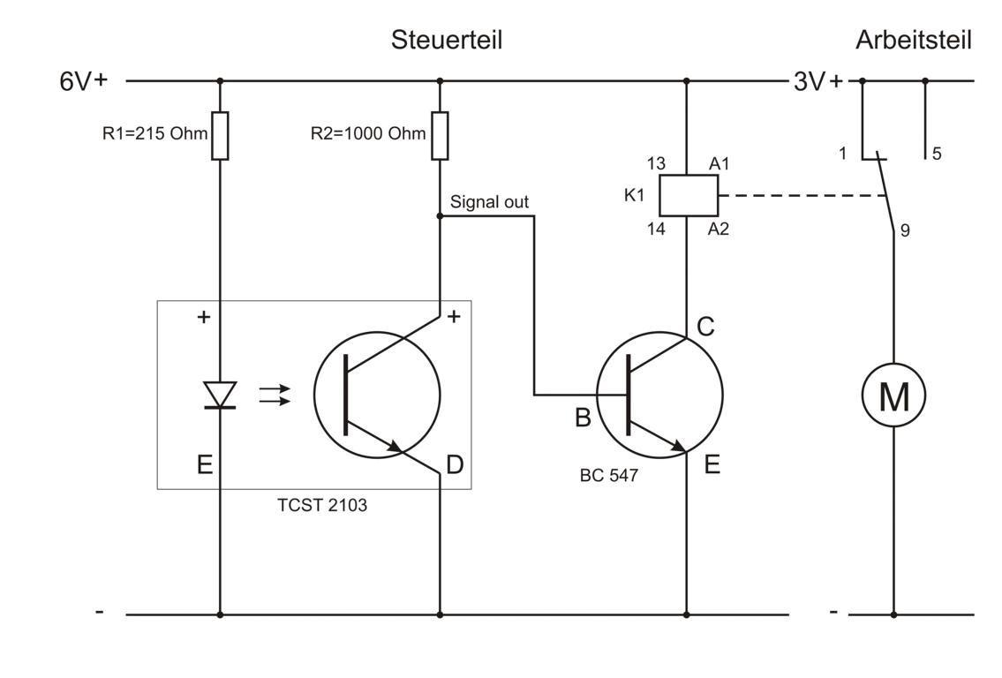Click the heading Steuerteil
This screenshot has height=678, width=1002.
click(447, 40)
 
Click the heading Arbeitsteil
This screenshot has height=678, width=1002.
click(913, 40)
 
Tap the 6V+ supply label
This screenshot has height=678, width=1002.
click(83, 81)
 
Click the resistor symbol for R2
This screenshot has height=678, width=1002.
click(440, 136)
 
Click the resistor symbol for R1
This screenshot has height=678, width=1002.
click(220, 136)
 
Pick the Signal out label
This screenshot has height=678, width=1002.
click(489, 202)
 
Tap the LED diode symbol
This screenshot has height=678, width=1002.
click(220, 394)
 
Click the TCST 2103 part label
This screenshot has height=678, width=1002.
click(322, 506)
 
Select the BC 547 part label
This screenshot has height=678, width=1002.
click(608, 475)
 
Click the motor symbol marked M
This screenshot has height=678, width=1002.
click(893, 396)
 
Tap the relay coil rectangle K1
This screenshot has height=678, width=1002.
click(687, 196)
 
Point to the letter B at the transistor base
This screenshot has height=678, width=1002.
click(583, 417)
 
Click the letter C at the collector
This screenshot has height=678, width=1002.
click(705, 327)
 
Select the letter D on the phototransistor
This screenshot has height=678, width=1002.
click(455, 464)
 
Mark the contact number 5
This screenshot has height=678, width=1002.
click(937, 154)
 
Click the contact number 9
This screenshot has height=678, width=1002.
click(905, 231)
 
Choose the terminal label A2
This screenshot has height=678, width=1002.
click(719, 230)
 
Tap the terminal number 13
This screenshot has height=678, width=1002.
click(656, 163)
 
